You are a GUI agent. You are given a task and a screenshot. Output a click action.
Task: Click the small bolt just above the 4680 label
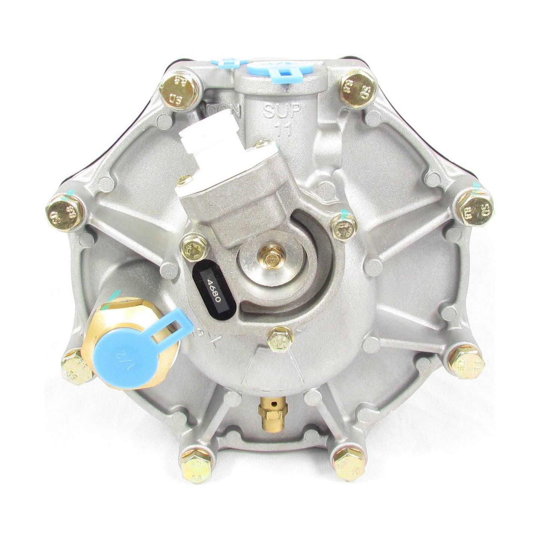coord(192,246)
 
